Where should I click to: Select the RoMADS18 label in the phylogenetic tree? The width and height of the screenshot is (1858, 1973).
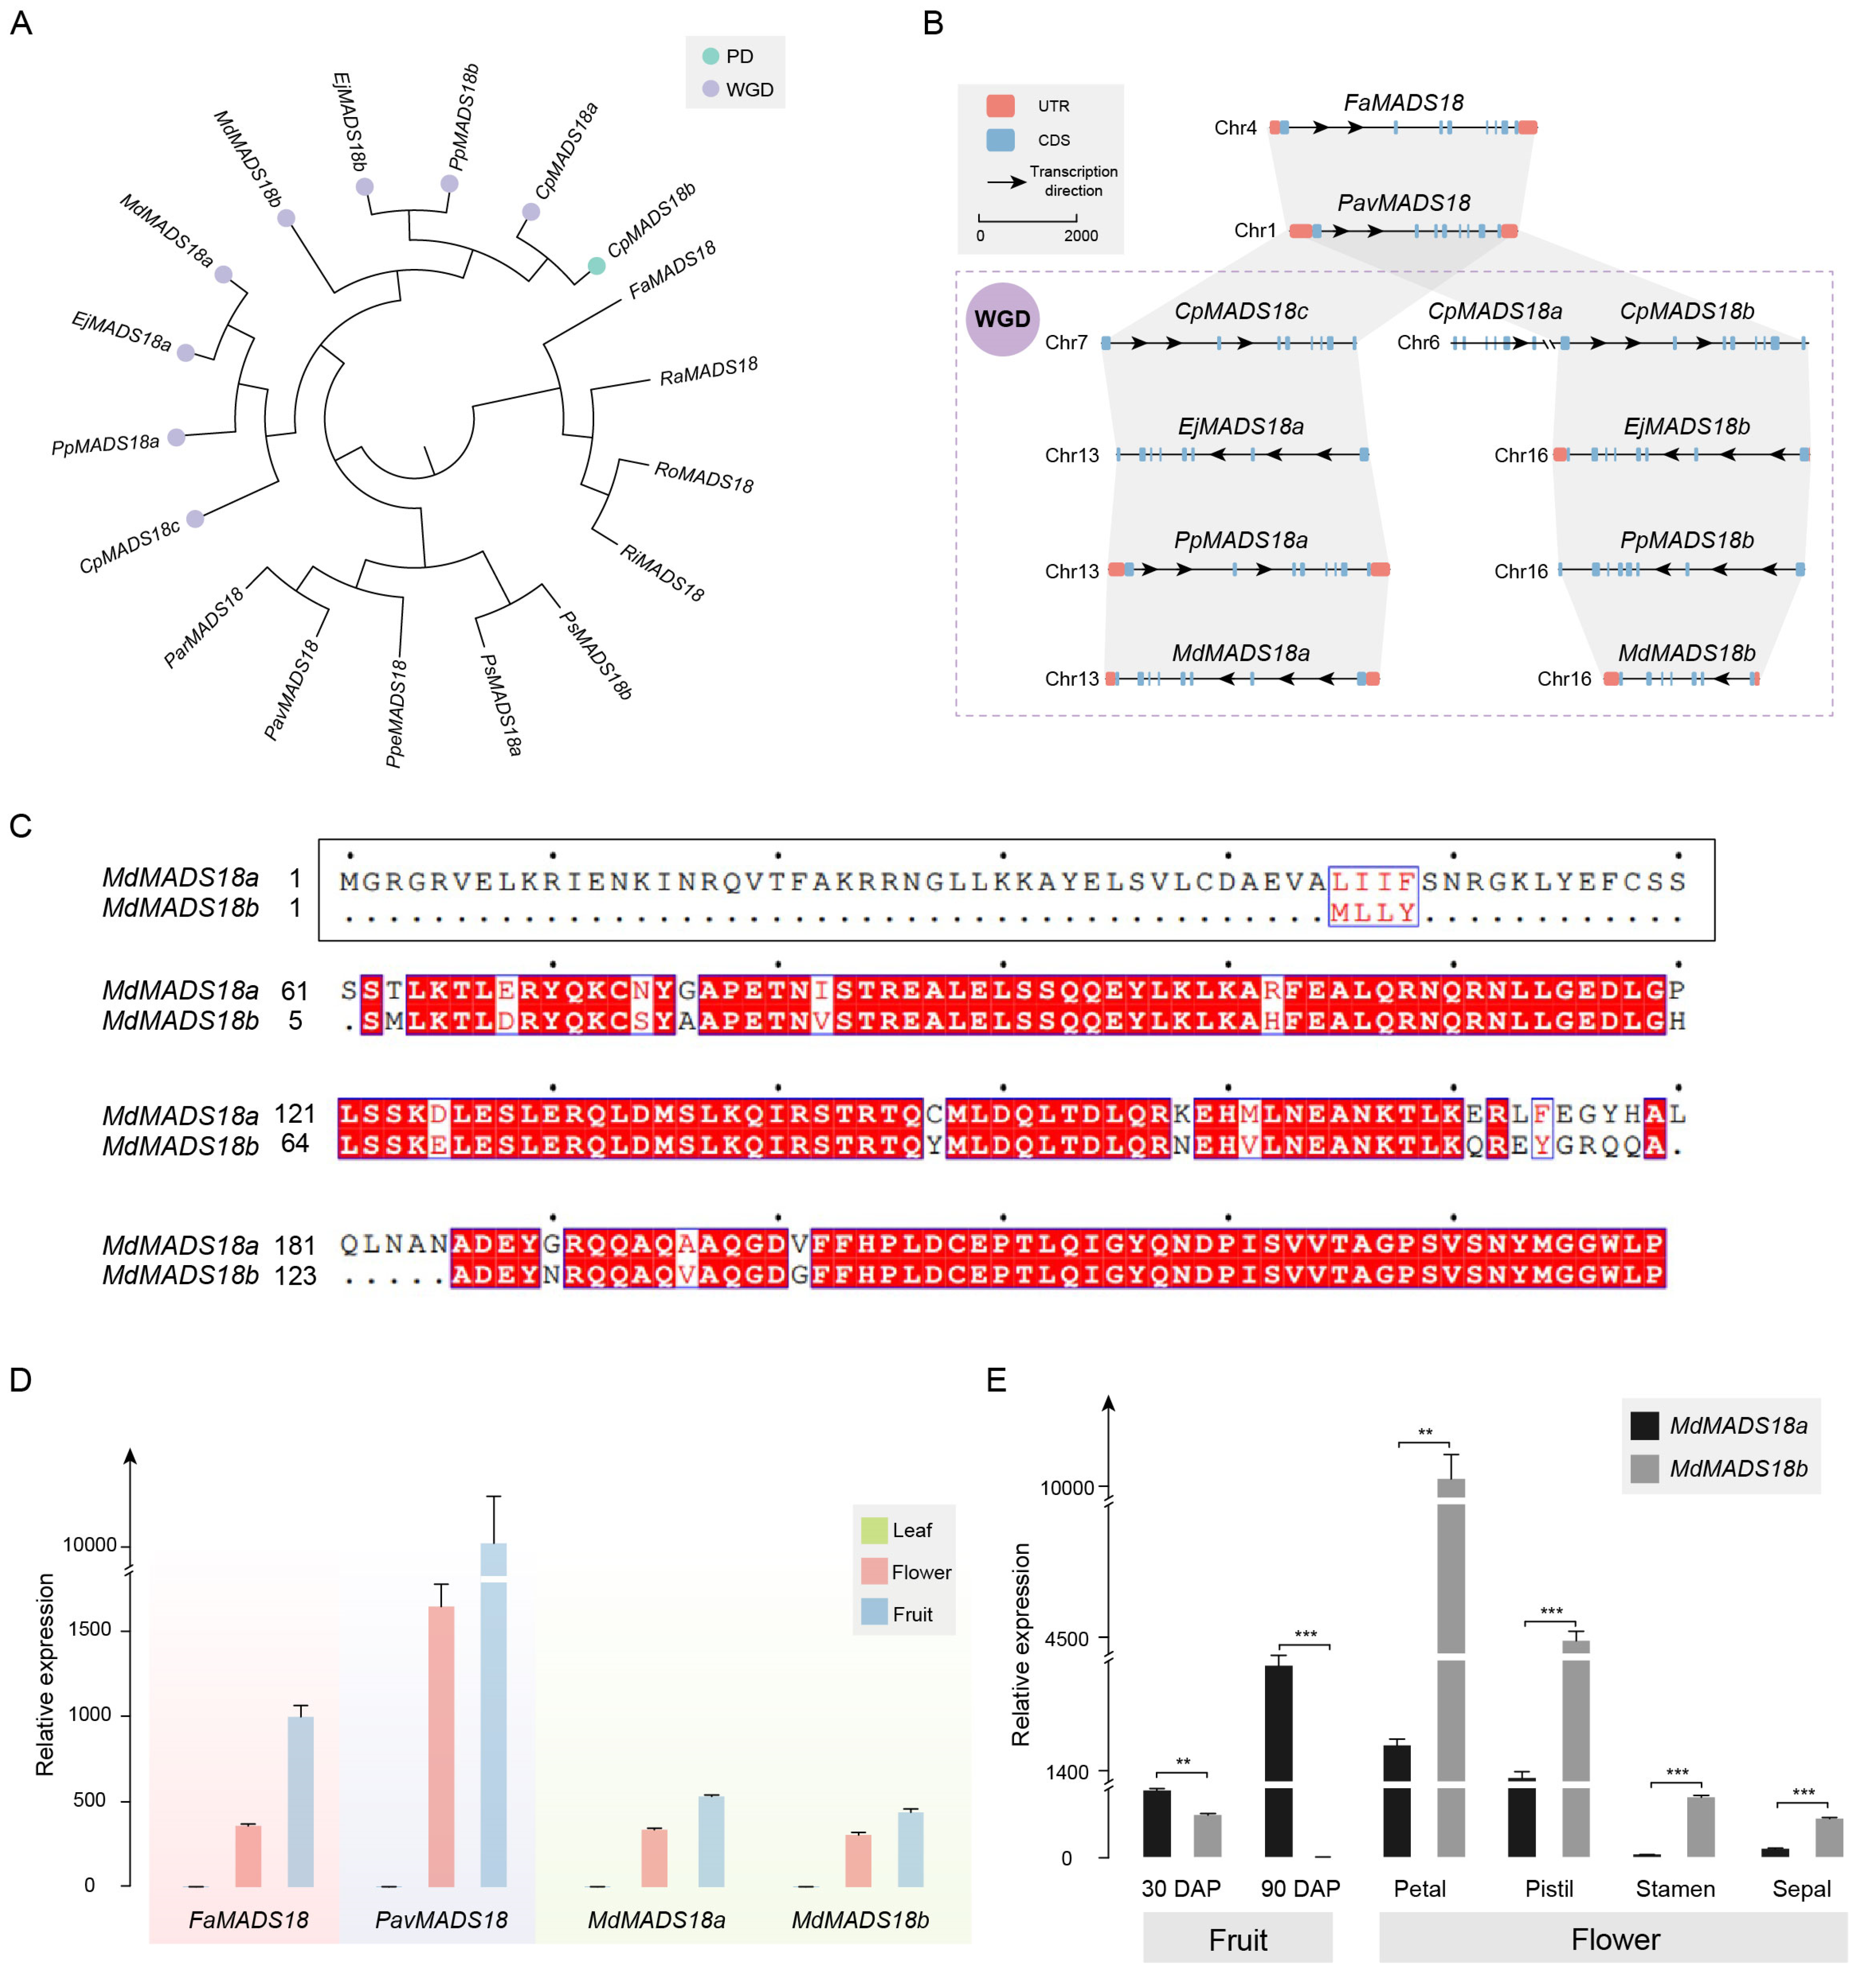click(703, 476)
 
